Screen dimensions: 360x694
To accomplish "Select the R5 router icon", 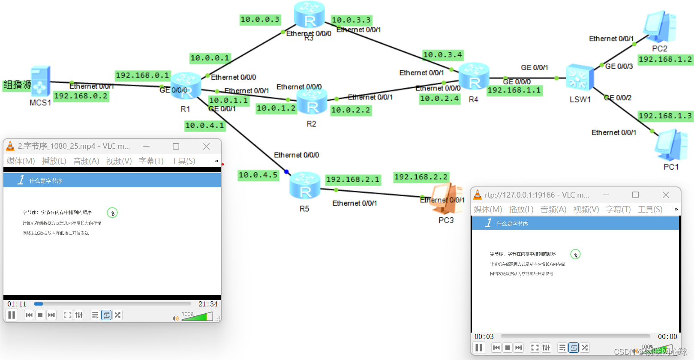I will pos(304,186).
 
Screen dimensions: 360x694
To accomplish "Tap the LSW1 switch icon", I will pos(580,78).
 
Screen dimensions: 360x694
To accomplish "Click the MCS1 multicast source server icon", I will pos(40,81).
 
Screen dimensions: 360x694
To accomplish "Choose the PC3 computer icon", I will pos(448,198).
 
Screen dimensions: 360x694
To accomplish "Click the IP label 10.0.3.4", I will pos(442,55).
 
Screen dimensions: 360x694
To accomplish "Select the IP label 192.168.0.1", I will pos(142,75).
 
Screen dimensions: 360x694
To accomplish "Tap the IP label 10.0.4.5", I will pos(258,175).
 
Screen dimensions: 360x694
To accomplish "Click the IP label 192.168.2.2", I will pos(421,177).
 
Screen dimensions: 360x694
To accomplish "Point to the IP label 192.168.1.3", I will pos(665,116).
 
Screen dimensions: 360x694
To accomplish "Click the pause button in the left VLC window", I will pos(12,315).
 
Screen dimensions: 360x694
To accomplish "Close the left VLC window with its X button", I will pos(206,146).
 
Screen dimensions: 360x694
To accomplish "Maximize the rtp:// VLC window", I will pos(635,195).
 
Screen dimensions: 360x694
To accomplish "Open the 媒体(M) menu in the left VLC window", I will pos(21,161).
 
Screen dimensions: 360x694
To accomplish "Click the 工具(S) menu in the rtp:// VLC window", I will pos(650,210).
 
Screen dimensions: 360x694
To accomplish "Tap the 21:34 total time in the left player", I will pos(208,304).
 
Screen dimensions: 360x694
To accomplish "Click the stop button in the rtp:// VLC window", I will pos(508,348).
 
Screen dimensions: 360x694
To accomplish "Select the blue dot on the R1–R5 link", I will pos(286,172).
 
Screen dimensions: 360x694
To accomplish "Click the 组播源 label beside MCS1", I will pos(17,85).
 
